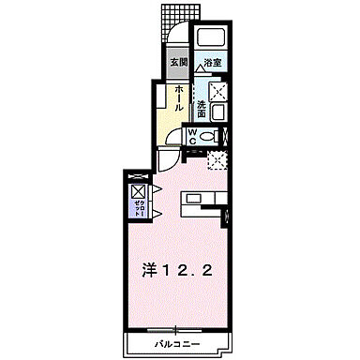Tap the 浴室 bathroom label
pos(213,63)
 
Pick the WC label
pos(192,137)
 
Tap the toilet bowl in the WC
pos(215,137)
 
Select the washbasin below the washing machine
pos(217,114)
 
